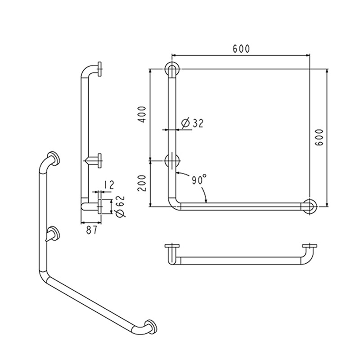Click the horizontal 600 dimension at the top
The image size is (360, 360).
click(x=241, y=49)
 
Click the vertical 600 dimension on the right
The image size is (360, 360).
click(x=319, y=137)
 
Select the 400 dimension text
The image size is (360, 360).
click(x=142, y=114)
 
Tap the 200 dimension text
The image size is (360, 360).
click(x=142, y=183)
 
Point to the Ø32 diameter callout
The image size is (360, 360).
click(x=193, y=123)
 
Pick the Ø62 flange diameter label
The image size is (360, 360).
click(x=120, y=207)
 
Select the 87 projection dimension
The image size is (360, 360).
click(x=92, y=230)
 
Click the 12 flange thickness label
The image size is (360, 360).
click(x=109, y=185)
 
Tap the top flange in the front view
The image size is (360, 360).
click(x=172, y=69)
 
